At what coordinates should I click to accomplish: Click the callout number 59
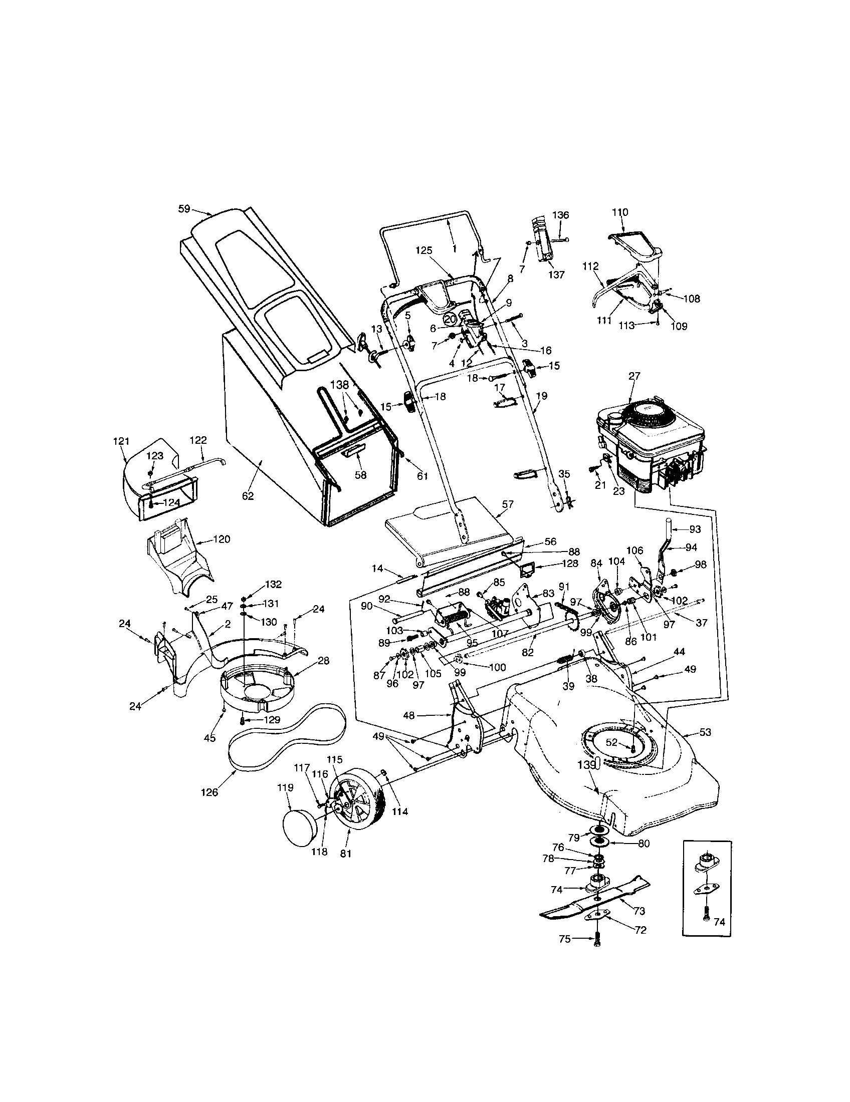pyautogui.click(x=184, y=208)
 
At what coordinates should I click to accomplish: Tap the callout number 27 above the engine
pyautogui.click(x=634, y=376)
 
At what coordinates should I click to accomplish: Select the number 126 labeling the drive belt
pyautogui.click(x=209, y=792)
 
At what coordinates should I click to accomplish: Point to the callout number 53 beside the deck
pyautogui.click(x=705, y=732)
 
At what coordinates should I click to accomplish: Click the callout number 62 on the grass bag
pyautogui.click(x=248, y=496)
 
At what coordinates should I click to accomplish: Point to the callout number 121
pyautogui.click(x=121, y=441)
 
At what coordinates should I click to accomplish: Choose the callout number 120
pyautogui.click(x=222, y=539)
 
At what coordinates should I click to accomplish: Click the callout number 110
pyautogui.click(x=620, y=212)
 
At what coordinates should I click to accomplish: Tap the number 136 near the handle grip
pyautogui.click(x=560, y=215)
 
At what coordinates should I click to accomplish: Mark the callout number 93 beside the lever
pyautogui.click(x=695, y=529)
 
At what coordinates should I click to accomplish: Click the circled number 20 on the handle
pyautogui.click(x=450, y=319)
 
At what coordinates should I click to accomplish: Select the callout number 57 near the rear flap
pyautogui.click(x=508, y=504)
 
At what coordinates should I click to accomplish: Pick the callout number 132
pyautogui.click(x=273, y=584)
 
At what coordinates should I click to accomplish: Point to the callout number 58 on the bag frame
pyautogui.click(x=360, y=475)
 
